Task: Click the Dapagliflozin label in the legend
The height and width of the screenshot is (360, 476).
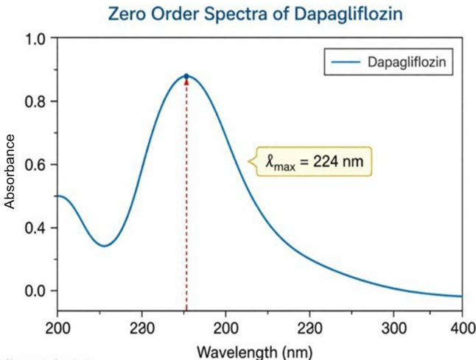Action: click(410, 63)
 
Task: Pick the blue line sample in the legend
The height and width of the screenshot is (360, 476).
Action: click(346, 63)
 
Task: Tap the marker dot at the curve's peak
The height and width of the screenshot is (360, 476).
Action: click(186, 76)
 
